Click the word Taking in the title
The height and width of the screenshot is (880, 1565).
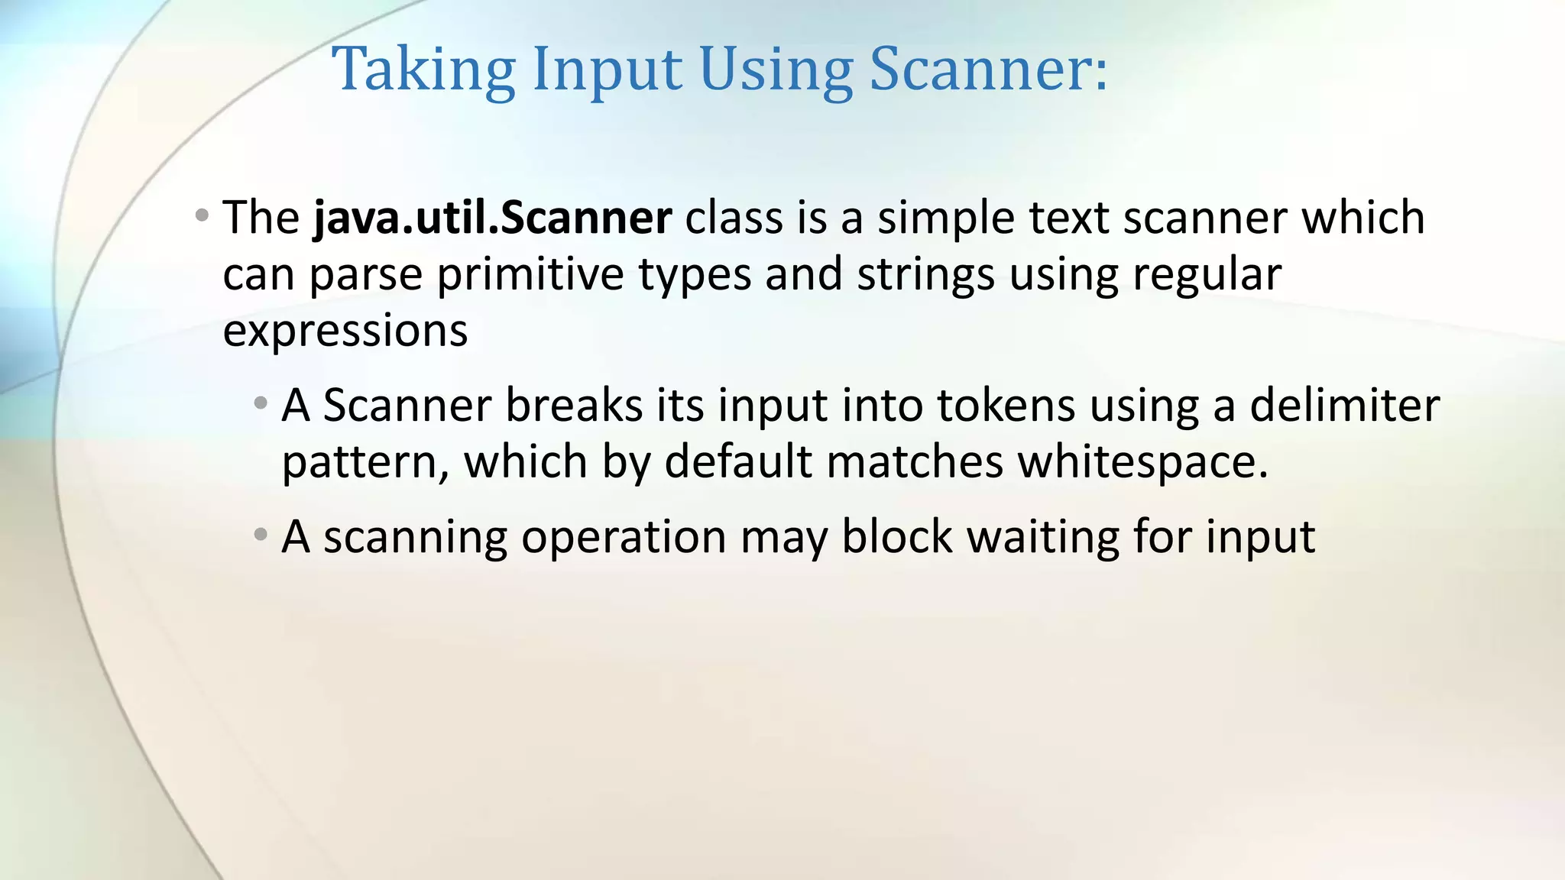click(x=424, y=70)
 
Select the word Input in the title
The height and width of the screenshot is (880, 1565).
click(x=606, y=70)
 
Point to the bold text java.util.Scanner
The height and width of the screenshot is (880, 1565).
click(x=493, y=218)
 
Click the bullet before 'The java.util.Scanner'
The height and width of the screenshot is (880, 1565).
click(x=202, y=216)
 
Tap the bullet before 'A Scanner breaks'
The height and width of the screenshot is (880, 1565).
click(x=261, y=403)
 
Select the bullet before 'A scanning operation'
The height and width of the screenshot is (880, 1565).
click(x=261, y=535)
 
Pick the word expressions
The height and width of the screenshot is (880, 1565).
click(x=345, y=332)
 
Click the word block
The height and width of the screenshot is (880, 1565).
click(x=896, y=536)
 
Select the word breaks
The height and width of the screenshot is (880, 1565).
click(x=574, y=405)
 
